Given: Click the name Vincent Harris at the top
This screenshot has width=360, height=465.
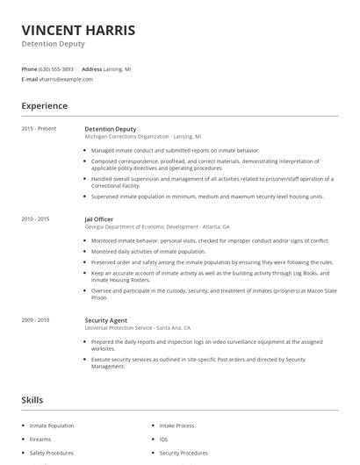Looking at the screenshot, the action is click(x=78, y=31).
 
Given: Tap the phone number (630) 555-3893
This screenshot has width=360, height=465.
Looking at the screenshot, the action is click(x=57, y=68).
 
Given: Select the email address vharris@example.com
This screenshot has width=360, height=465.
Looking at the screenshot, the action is click(x=66, y=79).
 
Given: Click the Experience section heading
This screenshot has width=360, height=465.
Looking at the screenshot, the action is click(x=44, y=106).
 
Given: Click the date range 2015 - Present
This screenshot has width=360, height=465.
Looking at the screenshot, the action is click(x=39, y=129).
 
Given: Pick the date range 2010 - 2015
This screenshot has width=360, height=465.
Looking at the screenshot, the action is click(x=35, y=218).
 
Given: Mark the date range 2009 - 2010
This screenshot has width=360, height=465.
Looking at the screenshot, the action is click(x=35, y=320).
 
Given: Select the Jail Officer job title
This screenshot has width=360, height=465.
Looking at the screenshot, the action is click(x=99, y=218).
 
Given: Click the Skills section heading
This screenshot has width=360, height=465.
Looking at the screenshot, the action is click(x=32, y=400).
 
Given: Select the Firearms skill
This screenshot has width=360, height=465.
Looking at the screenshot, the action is click(x=40, y=440).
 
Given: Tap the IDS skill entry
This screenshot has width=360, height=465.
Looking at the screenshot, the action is click(x=163, y=440).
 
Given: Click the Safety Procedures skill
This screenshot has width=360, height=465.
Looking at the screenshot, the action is click(x=51, y=454).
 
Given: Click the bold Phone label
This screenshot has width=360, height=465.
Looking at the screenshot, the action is click(x=29, y=68).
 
